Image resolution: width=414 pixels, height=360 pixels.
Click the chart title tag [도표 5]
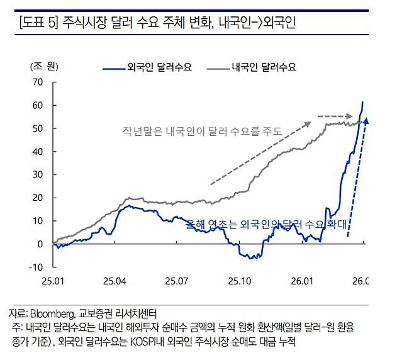tap(38, 24)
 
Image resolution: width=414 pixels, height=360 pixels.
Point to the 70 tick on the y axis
tap(37, 82)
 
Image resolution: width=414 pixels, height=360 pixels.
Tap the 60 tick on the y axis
tap(37, 105)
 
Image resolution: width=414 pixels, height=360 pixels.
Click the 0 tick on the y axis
tap(40, 244)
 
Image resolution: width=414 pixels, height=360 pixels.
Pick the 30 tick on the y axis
tap(37, 174)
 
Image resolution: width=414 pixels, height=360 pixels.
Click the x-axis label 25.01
tap(53, 280)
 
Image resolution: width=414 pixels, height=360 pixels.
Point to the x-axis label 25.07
tap(177, 280)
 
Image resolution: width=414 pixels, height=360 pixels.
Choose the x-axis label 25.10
tap(240, 280)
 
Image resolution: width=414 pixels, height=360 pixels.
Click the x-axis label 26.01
tap(302, 280)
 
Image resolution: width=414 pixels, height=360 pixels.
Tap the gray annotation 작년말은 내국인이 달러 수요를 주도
tap(202, 131)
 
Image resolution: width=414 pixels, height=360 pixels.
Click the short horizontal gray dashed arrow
tap(334, 116)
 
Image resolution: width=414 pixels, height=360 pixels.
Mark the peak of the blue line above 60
tap(362, 102)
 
